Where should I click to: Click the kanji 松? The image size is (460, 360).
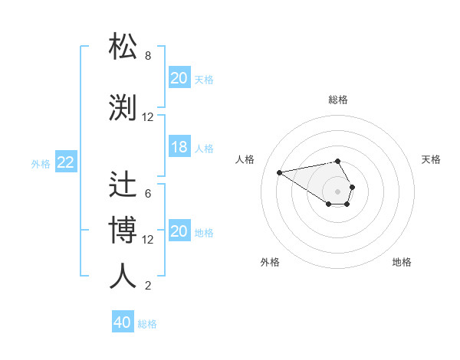(123, 47)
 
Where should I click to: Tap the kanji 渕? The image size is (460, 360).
(123, 107)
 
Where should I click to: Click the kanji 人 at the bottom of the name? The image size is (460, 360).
(123, 276)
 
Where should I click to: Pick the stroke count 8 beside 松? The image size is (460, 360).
(148, 56)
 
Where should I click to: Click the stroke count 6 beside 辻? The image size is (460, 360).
(148, 194)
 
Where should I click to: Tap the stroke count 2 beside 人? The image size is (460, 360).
(148, 286)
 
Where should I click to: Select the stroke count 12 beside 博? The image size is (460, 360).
(148, 240)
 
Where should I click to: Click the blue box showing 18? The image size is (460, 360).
(179, 148)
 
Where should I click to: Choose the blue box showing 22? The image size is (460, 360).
(66, 162)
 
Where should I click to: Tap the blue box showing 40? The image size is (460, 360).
(123, 322)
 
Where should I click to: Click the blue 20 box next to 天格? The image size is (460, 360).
(179, 78)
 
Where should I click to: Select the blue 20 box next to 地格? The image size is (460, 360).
(179, 232)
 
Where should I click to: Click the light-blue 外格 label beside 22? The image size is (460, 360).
(41, 163)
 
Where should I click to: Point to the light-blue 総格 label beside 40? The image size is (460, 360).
(147, 324)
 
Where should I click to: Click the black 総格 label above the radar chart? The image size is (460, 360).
(338, 100)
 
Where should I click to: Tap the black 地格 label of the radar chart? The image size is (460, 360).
(402, 262)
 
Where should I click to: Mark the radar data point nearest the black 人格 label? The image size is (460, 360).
(280, 172)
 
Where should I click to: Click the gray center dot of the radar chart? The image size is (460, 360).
(338, 191)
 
